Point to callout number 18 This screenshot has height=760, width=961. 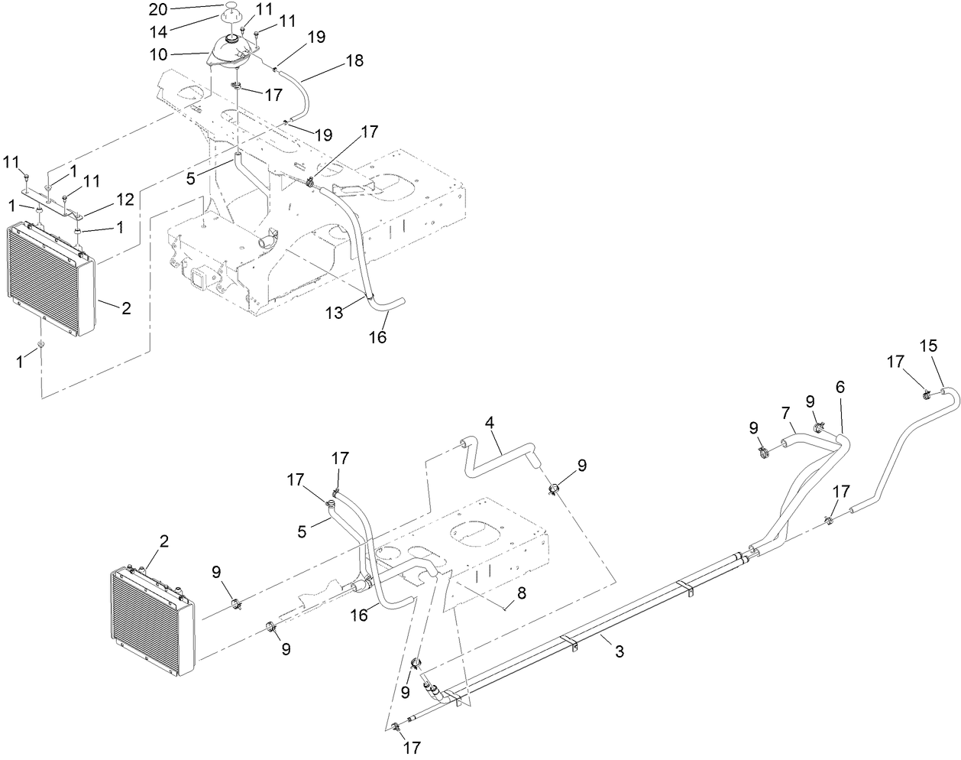tap(333, 60)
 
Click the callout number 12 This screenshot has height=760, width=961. tap(125, 200)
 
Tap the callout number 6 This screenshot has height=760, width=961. tap(840, 387)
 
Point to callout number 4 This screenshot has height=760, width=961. tap(489, 421)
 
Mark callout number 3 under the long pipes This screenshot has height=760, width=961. tap(620, 651)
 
